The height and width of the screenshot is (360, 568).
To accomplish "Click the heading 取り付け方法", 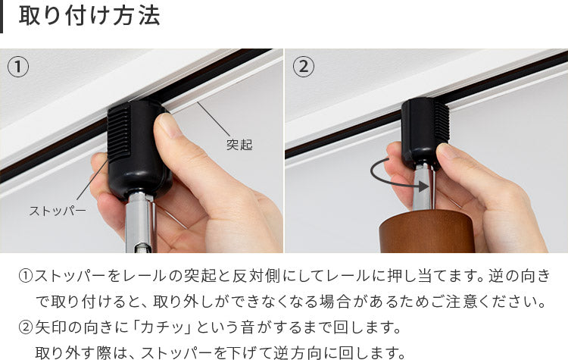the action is [89, 16].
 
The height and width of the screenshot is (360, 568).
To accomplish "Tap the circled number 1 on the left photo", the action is [17, 67].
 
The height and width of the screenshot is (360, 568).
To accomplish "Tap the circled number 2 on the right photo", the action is [303, 67].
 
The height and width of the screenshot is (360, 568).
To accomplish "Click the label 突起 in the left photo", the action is [239, 144].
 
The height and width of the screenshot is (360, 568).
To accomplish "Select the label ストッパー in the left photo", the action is [58, 211].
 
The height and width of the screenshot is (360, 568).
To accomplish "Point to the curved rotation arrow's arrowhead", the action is [424, 186].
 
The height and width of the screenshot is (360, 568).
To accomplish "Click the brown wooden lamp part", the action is [426, 231].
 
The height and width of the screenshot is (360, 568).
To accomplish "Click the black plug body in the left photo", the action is [139, 149].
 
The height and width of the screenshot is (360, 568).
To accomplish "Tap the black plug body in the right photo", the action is [425, 133].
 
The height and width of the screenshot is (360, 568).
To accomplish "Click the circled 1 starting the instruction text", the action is [25, 277].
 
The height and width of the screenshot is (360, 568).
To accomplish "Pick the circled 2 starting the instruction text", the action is [25, 327].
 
